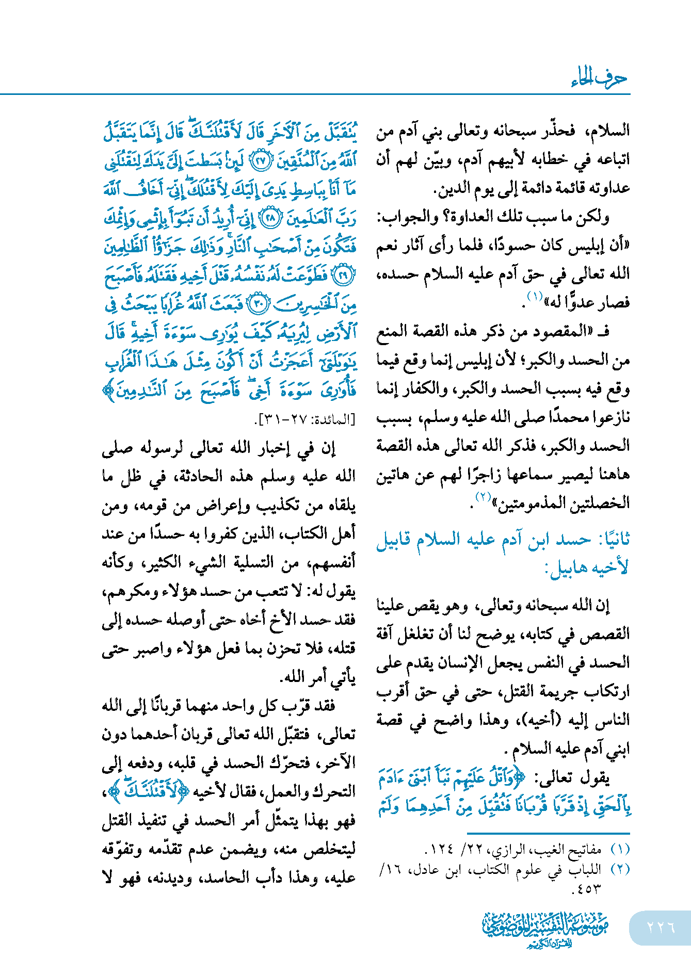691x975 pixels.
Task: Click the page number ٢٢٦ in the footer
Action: tap(661, 927)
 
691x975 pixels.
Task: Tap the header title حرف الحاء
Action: tap(599, 78)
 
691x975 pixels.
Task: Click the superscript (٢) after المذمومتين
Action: tap(482, 497)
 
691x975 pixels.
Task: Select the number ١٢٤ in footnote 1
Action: tap(441, 849)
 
